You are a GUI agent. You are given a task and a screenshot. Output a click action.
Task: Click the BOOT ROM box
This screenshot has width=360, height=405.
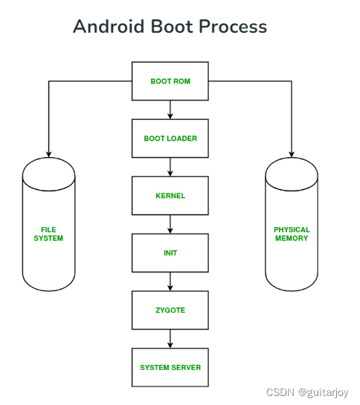pyautogui.click(x=170, y=80)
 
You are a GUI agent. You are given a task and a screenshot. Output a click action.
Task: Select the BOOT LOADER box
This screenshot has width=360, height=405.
pyautogui.click(x=170, y=138)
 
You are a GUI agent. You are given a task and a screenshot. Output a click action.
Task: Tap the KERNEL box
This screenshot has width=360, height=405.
pyautogui.click(x=170, y=196)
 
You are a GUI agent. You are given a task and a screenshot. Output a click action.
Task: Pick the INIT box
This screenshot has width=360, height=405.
pyautogui.click(x=170, y=253)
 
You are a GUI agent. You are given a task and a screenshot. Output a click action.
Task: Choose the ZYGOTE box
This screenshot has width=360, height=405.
pyautogui.click(x=170, y=310)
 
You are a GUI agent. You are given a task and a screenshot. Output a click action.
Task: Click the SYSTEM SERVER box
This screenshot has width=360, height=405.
pyautogui.click(x=170, y=367)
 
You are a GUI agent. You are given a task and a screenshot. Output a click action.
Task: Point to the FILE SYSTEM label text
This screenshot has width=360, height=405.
pyautogui.click(x=48, y=234)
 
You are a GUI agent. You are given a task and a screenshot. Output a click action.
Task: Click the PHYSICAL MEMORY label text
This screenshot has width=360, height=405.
pyautogui.click(x=292, y=234)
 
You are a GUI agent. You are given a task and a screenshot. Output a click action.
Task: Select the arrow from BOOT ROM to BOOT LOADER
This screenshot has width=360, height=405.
pyautogui.click(x=170, y=109)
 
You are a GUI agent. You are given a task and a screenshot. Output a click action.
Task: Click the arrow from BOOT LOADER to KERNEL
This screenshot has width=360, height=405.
pyautogui.click(x=170, y=167)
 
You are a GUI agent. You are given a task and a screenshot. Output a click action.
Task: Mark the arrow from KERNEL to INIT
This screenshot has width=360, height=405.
pyautogui.click(x=170, y=224)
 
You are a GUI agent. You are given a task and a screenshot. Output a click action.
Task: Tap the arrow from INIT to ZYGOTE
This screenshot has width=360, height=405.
pyautogui.click(x=170, y=281)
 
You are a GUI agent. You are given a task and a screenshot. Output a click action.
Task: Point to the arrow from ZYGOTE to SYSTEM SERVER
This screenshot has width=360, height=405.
pyautogui.click(x=170, y=339)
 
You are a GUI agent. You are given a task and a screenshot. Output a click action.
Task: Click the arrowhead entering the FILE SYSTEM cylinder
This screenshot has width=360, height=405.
pyautogui.click(x=48, y=153)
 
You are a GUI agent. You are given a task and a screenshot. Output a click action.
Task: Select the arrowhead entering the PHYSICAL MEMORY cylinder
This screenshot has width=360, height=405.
pyautogui.click(x=292, y=153)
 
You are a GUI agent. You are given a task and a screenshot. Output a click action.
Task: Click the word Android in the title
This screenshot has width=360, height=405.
pyautogui.click(x=108, y=28)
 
